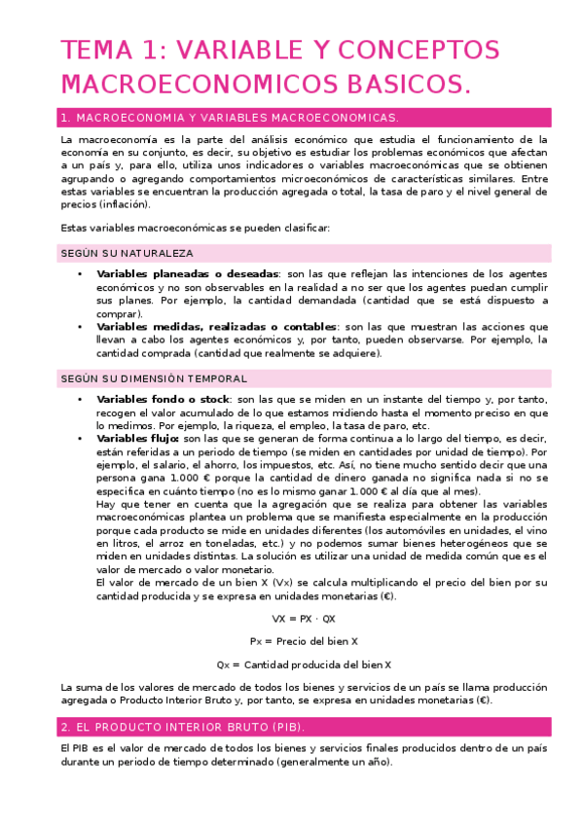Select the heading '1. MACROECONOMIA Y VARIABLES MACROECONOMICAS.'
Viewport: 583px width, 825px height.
click(x=230, y=118)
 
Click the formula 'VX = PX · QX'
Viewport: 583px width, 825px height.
click(x=304, y=618)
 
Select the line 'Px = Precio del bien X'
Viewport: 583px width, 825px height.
click(x=304, y=641)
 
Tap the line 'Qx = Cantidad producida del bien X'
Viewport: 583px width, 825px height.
click(x=304, y=664)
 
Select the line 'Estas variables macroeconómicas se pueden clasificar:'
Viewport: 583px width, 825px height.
click(x=195, y=228)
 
